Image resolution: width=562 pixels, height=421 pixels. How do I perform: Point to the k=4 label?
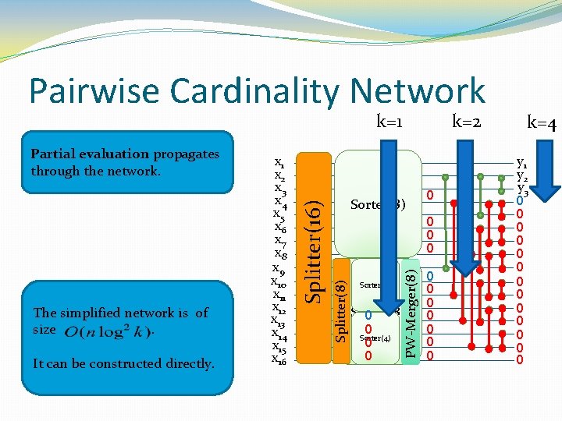click(x=541, y=122)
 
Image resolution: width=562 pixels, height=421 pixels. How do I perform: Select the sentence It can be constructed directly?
click(x=124, y=363)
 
